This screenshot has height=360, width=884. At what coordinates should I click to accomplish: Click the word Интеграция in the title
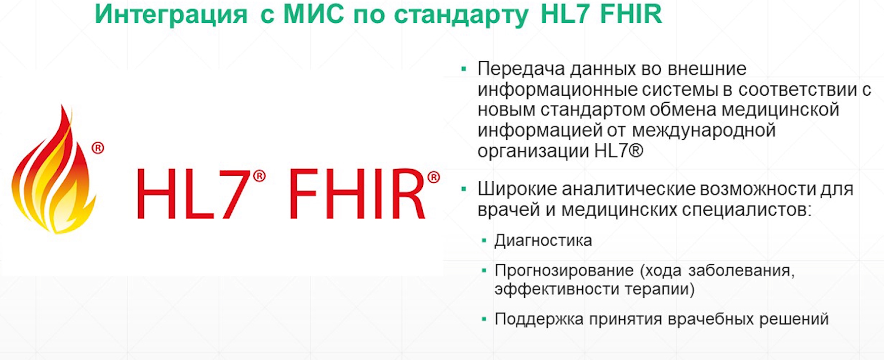171,15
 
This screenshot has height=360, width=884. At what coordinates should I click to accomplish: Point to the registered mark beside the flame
98,148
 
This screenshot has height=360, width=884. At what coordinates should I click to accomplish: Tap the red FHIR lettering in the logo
357,193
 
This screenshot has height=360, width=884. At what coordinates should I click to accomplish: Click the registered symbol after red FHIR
434,177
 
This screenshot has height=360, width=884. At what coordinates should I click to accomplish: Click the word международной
704,131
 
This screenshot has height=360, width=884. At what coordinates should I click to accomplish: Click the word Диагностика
543,241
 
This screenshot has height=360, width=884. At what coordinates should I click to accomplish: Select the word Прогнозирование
564,271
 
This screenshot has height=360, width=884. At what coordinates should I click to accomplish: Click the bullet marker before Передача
463,69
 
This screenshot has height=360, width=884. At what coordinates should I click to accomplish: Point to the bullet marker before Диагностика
485,241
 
